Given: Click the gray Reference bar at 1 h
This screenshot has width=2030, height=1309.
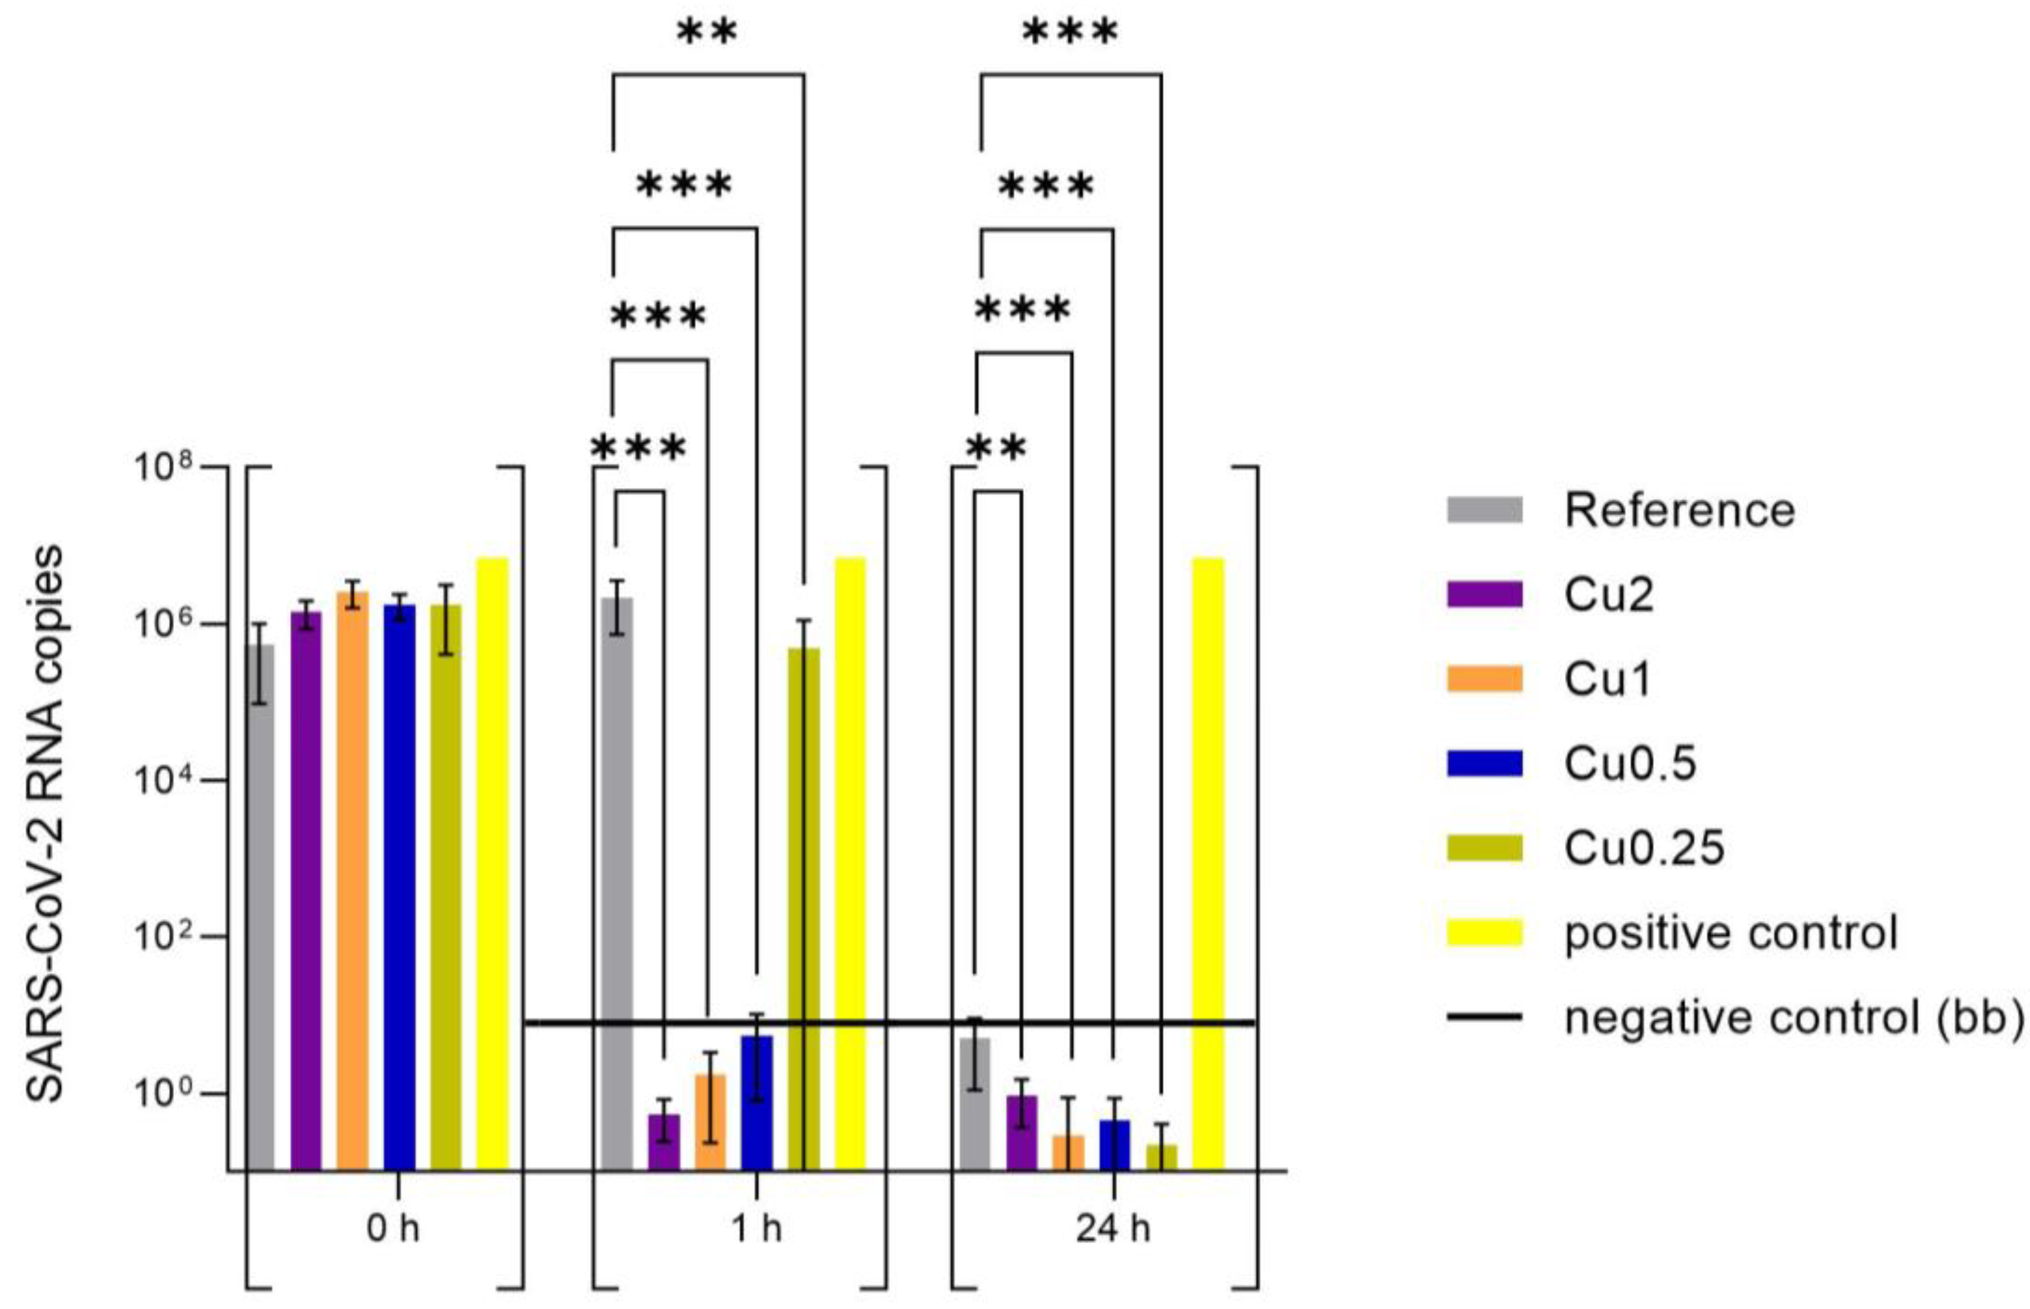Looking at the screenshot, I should [x=616, y=884].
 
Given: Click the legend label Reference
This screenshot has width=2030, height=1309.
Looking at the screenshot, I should [x=1679, y=511].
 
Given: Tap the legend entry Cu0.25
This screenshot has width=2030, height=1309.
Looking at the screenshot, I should [x=1644, y=848].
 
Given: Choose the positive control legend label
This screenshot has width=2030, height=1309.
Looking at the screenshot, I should [x=1731, y=933].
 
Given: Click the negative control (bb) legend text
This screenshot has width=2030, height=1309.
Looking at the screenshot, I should [x=1793, y=1017].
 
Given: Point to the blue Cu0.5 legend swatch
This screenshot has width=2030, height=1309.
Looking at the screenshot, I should [x=1484, y=763].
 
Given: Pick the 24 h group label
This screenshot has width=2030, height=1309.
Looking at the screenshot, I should [x=1113, y=1229].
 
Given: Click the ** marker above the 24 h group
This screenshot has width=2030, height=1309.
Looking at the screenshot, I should [x=996, y=448].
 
